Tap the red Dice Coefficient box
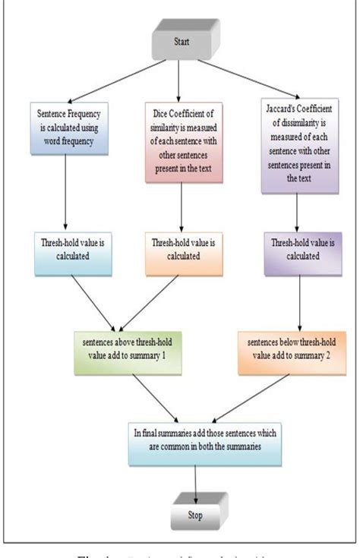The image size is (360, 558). (180, 140)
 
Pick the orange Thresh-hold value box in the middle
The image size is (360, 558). (180, 250)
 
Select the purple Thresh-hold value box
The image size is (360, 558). (296, 250)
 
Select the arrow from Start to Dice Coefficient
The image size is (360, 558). (178, 79)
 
